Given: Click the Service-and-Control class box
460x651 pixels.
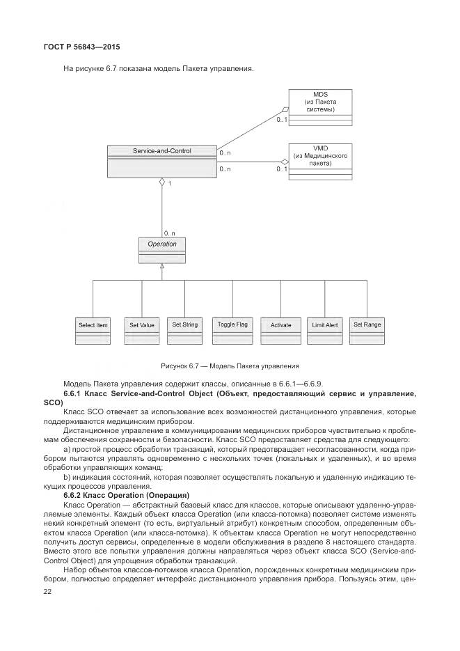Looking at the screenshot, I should [x=161, y=161].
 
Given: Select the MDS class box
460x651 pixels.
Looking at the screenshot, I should [x=319, y=108].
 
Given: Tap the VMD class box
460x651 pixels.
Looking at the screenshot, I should [x=319, y=162].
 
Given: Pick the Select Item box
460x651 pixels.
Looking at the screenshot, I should [x=93, y=330].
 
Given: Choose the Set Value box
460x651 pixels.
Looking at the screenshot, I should [x=141, y=330].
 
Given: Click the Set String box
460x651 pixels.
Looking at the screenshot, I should [x=184, y=329].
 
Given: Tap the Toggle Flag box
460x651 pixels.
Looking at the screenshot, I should [x=232, y=329].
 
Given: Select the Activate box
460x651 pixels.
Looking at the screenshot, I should [x=280, y=330].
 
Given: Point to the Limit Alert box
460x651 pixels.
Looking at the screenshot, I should [x=324, y=330].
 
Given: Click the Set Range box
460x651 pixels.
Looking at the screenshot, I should [x=367, y=329].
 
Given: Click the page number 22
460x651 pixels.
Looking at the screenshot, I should [x=48, y=590].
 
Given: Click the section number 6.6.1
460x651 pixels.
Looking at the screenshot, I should [x=74, y=394].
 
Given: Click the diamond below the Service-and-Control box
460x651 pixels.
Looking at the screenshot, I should [x=161, y=182].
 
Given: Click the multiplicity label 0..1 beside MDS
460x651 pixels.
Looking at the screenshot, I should [x=282, y=120].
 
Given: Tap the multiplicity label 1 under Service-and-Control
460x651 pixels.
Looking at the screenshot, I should [x=169, y=184].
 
